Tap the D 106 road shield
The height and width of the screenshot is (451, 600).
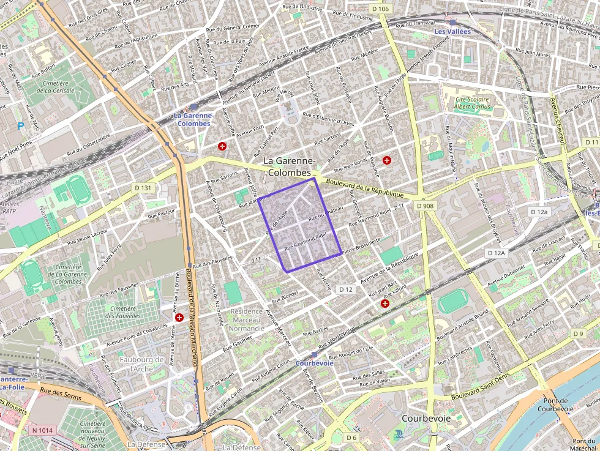click(x=380, y=9)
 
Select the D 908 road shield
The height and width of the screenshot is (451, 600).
click(x=425, y=206)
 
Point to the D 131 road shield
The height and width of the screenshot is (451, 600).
click(x=143, y=188)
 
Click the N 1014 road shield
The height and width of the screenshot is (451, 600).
click(x=42, y=430)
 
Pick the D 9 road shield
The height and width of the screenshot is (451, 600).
click(x=579, y=334)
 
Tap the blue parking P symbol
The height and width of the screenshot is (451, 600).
click(x=21, y=127)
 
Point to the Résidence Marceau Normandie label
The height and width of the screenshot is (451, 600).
click(x=247, y=320)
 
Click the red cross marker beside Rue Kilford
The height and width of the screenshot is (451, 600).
click(x=385, y=303)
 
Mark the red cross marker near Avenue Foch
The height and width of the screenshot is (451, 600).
click(x=222, y=146)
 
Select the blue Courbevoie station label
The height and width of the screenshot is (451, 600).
click(x=314, y=363)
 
